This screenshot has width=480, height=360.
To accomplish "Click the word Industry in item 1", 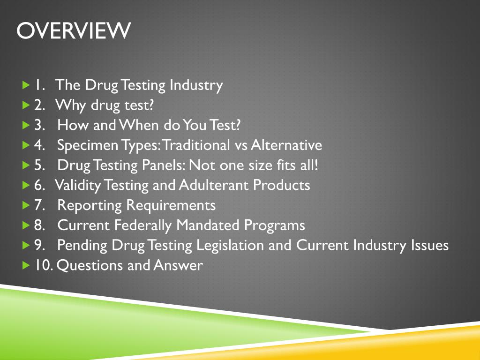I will [x=196, y=85].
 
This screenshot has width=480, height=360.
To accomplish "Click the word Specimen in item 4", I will [x=87, y=145].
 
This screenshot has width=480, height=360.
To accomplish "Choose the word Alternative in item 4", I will [x=286, y=145].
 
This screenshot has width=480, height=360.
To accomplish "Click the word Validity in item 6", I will [x=77, y=186].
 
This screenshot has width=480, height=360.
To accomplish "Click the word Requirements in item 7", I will [x=171, y=205].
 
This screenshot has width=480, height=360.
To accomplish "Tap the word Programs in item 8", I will [x=274, y=225].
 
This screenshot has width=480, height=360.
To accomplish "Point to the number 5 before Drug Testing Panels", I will [x=38, y=165].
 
